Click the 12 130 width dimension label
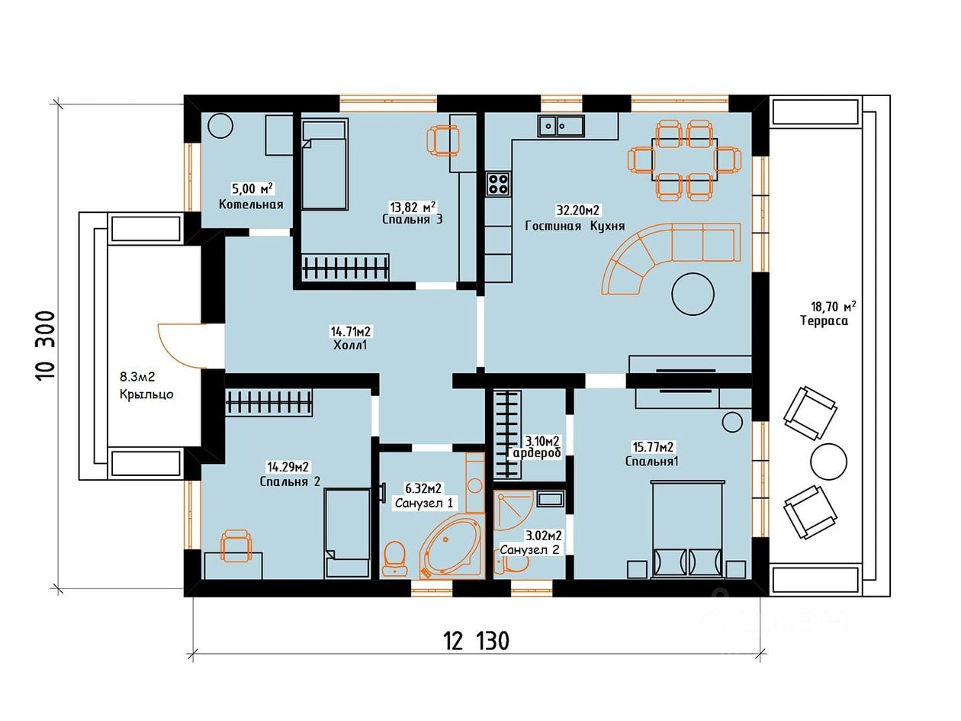477,641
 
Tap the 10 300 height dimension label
46,346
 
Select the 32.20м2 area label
577,210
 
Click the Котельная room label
251,204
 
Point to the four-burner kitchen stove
498,184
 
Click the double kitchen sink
561,126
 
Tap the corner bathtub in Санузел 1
451,549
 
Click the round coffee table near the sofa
693,294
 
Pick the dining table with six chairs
684,159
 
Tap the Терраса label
824,320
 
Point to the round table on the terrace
828,462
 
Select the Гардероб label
533,453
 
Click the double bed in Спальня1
687,529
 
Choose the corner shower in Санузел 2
513,511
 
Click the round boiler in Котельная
220,126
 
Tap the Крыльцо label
146,394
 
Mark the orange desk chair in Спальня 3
443,140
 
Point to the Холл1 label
350,346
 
